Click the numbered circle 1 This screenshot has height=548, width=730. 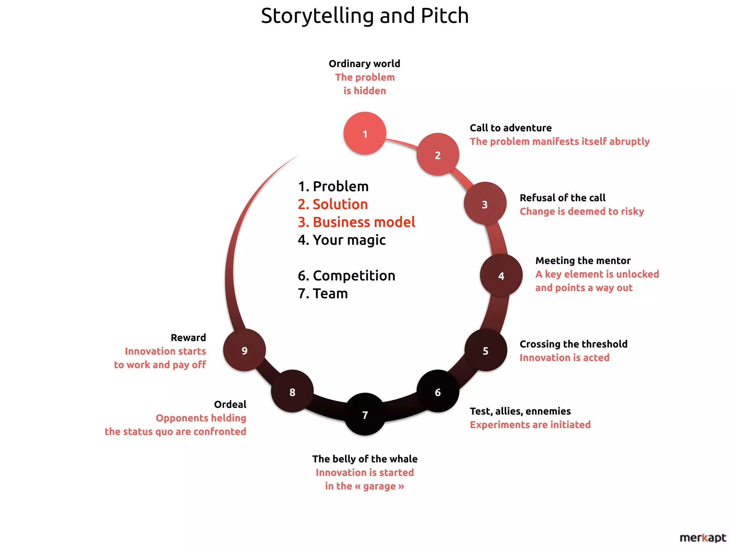pyautogui.click(x=365, y=133)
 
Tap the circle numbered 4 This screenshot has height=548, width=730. pyautogui.click(x=501, y=275)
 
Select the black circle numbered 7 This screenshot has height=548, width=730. pyautogui.click(x=365, y=415)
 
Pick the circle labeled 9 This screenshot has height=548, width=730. pyautogui.click(x=245, y=350)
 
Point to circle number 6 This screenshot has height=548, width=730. pyautogui.click(x=438, y=392)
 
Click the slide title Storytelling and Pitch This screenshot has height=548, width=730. pyautogui.click(x=365, y=16)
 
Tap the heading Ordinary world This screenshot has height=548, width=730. pyautogui.click(x=364, y=64)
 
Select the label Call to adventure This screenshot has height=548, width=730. pyautogui.click(x=510, y=128)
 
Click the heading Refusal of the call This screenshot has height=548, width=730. pyautogui.click(x=562, y=198)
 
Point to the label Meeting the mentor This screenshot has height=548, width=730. pyautogui.click(x=583, y=260)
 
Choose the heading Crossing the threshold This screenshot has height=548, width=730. pyautogui.click(x=573, y=344)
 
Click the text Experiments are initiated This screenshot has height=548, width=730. pyautogui.click(x=530, y=425)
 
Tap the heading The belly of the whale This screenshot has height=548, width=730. pyautogui.click(x=365, y=459)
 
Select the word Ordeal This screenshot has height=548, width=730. pyautogui.click(x=230, y=404)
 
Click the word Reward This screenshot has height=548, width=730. pyautogui.click(x=188, y=338)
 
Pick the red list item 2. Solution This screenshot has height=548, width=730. pyautogui.click(x=333, y=204)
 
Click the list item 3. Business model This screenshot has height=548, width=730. pyautogui.click(x=356, y=222)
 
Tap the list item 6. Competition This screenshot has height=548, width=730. pyautogui.click(x=346, y=275)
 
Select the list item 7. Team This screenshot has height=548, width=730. pyautogui.click(x=323, y=293)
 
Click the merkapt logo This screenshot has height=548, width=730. pyautogui.click(x=702, y=537)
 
